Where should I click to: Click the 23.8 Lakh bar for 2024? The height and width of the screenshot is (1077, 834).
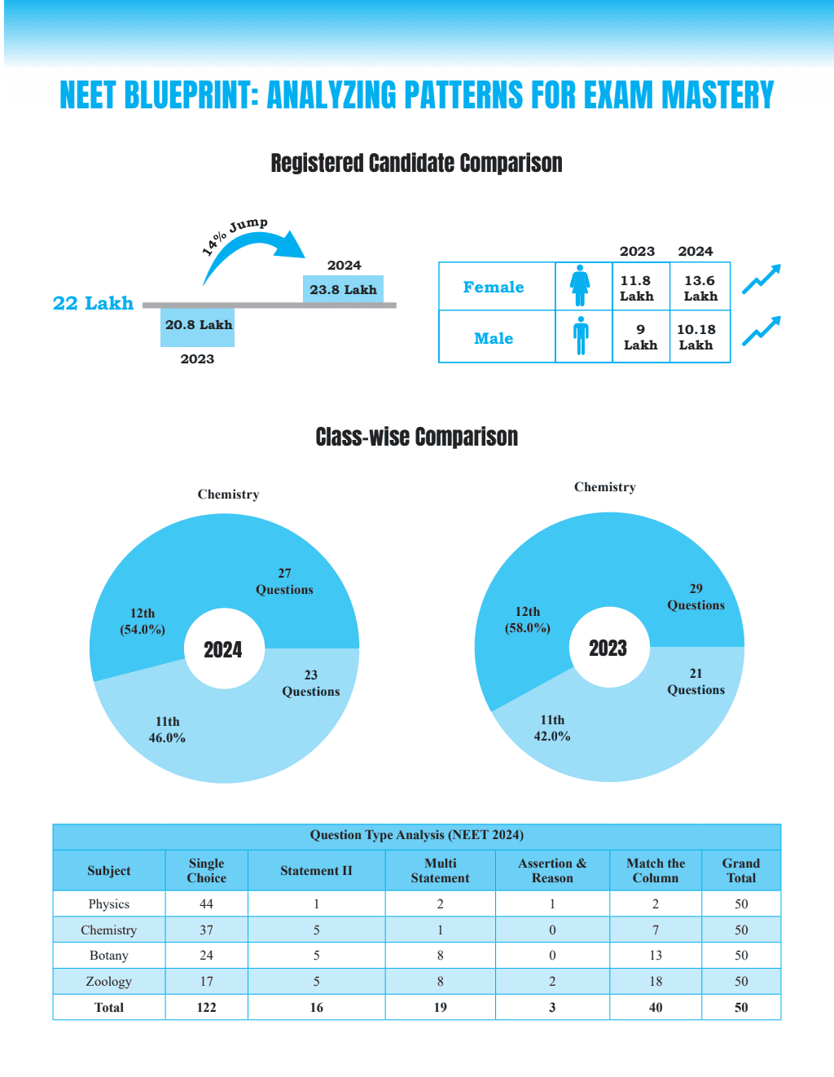[343, 289]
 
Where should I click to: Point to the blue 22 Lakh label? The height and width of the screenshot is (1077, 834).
[93, 303]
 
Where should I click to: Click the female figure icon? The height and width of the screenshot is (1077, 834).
[580, 285]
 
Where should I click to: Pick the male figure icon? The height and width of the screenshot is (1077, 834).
[581, 336]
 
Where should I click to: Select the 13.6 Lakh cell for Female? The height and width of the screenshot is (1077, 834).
[700, 288]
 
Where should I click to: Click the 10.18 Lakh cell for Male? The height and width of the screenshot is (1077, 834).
[700, 336]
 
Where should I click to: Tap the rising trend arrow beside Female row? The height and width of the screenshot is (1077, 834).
[762, 279]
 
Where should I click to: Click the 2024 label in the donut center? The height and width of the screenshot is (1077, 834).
[223, 650]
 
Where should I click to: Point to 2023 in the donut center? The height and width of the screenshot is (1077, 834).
[608, 648]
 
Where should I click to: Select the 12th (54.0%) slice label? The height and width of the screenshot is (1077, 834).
[143, 621]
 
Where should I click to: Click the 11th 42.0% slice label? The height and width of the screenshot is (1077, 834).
[552, 728]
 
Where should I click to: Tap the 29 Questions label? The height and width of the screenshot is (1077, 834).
[696, 596]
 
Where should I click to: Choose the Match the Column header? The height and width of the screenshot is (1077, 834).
[655, 870]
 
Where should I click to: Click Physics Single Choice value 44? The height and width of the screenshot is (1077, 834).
[207, 903]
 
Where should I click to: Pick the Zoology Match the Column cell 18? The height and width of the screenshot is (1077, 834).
[655, 981]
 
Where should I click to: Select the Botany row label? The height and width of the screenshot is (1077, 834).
[109, 955]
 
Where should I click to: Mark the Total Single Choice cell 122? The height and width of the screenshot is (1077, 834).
[207, 1007]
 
